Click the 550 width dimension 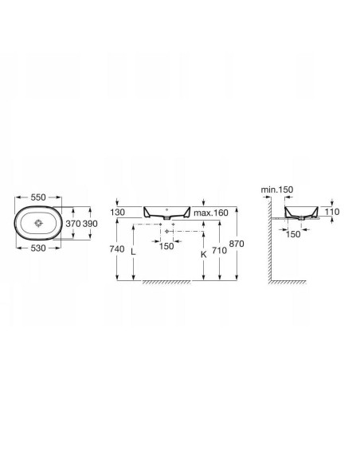(x=38, y=197)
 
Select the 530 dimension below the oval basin (x=38, y=248)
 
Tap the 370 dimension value (x=73, y=223)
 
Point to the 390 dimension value (x=90, y=223)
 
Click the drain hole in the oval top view (x=38, y=223)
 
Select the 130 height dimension (x=117, y=213)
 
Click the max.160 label (x=211, y=213)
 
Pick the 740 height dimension (x=117, y=249)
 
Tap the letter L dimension (x=134, y=252)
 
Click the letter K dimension (x=204, y=254)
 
